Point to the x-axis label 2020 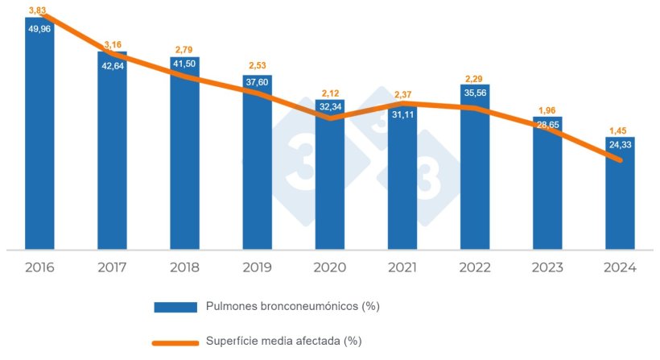pyautogui.click(x=329, y=267)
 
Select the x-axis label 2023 pyautogui.click(x=547, y=267)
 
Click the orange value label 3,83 pyautogui.click(x=36, y=10)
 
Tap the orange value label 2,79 pyautogui.click(x=184, y=50)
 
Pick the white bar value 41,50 pyautogui.click(x=184, y=64)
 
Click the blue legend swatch pyautogui.click(x=175, y=306)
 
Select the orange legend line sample pyautogui.click(x=175, y=341)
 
